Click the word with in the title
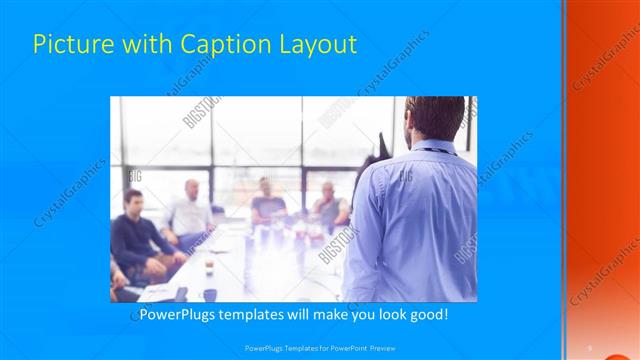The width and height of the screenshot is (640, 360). pos(148,44)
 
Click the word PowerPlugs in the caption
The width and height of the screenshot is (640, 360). pos(176,314)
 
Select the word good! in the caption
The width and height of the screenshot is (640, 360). pos(427,314)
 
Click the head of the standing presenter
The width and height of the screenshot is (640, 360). pos(435,119)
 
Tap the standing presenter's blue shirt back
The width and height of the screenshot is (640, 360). pos(420,220)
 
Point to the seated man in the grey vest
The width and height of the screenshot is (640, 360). pos(329,206)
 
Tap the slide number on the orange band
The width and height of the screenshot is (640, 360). pos(590,347)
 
